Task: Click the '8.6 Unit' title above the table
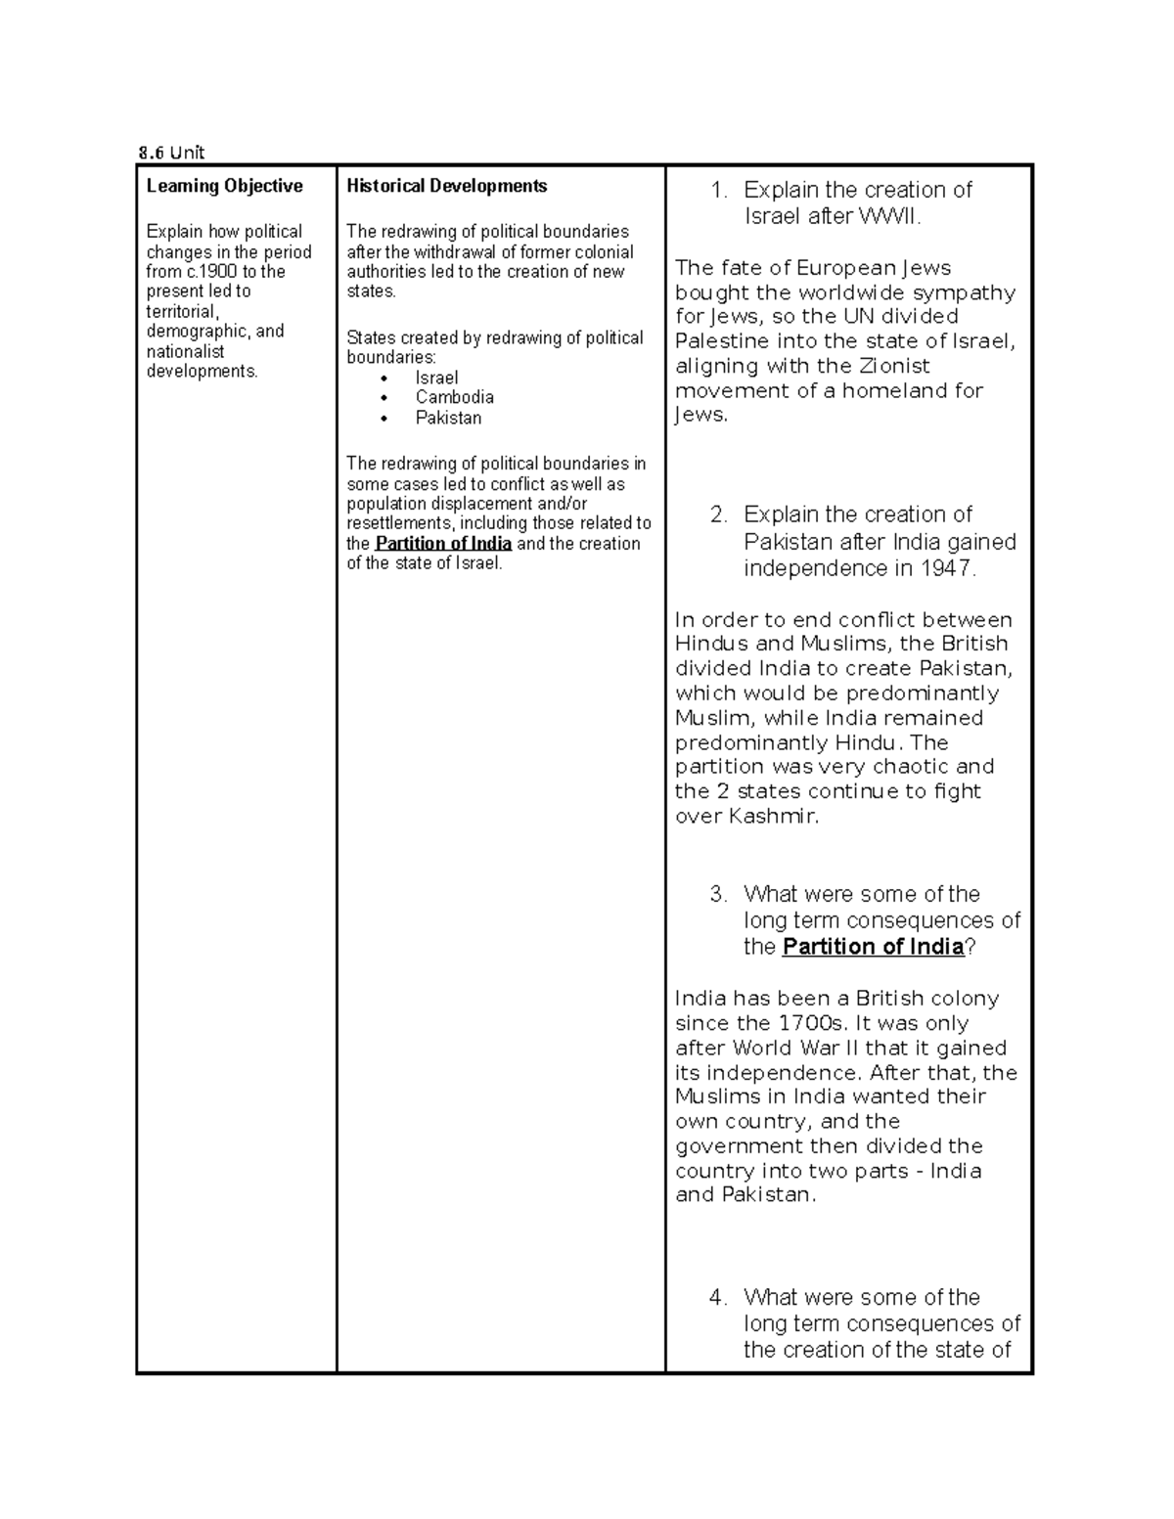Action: (171, 152)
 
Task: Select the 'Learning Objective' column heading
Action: (224, 186)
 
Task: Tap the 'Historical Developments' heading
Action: (446, 186)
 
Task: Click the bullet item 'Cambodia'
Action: (454, 397)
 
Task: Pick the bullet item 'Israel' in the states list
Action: (436, 378)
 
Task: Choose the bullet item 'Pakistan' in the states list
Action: (448, 418)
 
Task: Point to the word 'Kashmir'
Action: (772, 816)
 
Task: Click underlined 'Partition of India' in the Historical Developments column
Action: (443, 544)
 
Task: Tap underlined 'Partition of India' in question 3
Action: (873, 947)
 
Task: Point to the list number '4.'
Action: (718, 1297)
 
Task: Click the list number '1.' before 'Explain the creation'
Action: (719, 190)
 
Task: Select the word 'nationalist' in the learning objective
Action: (185, 351)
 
